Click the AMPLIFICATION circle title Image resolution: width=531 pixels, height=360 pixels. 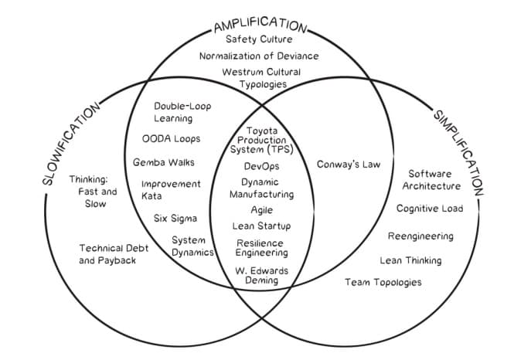click(259, 23)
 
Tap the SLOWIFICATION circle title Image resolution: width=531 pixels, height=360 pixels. click(70, 144)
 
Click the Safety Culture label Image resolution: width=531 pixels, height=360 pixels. click(258, 39)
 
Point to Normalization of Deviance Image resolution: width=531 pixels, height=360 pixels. click(258, 56)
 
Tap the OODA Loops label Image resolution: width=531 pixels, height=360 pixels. click(171, 139)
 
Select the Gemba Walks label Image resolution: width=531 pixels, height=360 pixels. click(163, 163)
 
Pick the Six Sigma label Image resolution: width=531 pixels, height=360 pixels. click(175, 219)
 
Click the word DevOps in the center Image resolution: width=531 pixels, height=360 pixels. click(261, 166)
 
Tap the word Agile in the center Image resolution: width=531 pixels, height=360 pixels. click(261, 210)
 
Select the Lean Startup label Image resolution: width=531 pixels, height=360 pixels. click(261, 226)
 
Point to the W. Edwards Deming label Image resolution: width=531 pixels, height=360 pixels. click(261, 276)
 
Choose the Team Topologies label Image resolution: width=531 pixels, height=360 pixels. click(383, 282)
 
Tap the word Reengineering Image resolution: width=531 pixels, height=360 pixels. click(422, 236)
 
